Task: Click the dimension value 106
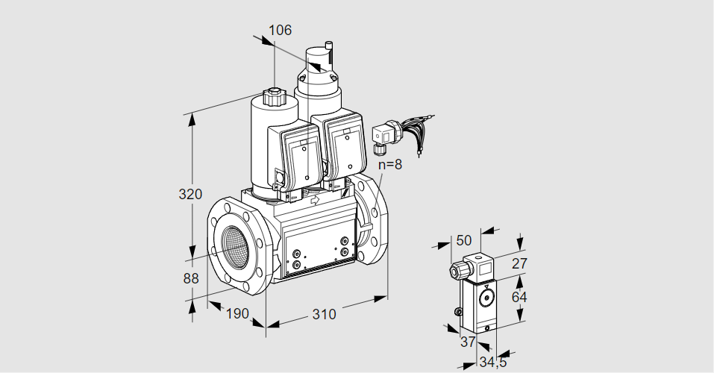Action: tap(280, 30)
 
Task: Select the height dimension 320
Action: tap(191, 195)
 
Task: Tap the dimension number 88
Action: tap(191, 279)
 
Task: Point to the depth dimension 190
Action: tap(237, 314)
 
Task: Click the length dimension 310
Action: tap(323, 315)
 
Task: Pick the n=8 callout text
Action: tap(389, 165)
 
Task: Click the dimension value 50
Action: tap(464, 240)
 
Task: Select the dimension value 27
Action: tap(521, 263)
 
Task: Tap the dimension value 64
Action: tap(521, 297)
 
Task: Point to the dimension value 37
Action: tap(467, 342)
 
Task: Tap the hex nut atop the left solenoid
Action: tap(274, 97)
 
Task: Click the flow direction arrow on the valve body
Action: tap(314, 200)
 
